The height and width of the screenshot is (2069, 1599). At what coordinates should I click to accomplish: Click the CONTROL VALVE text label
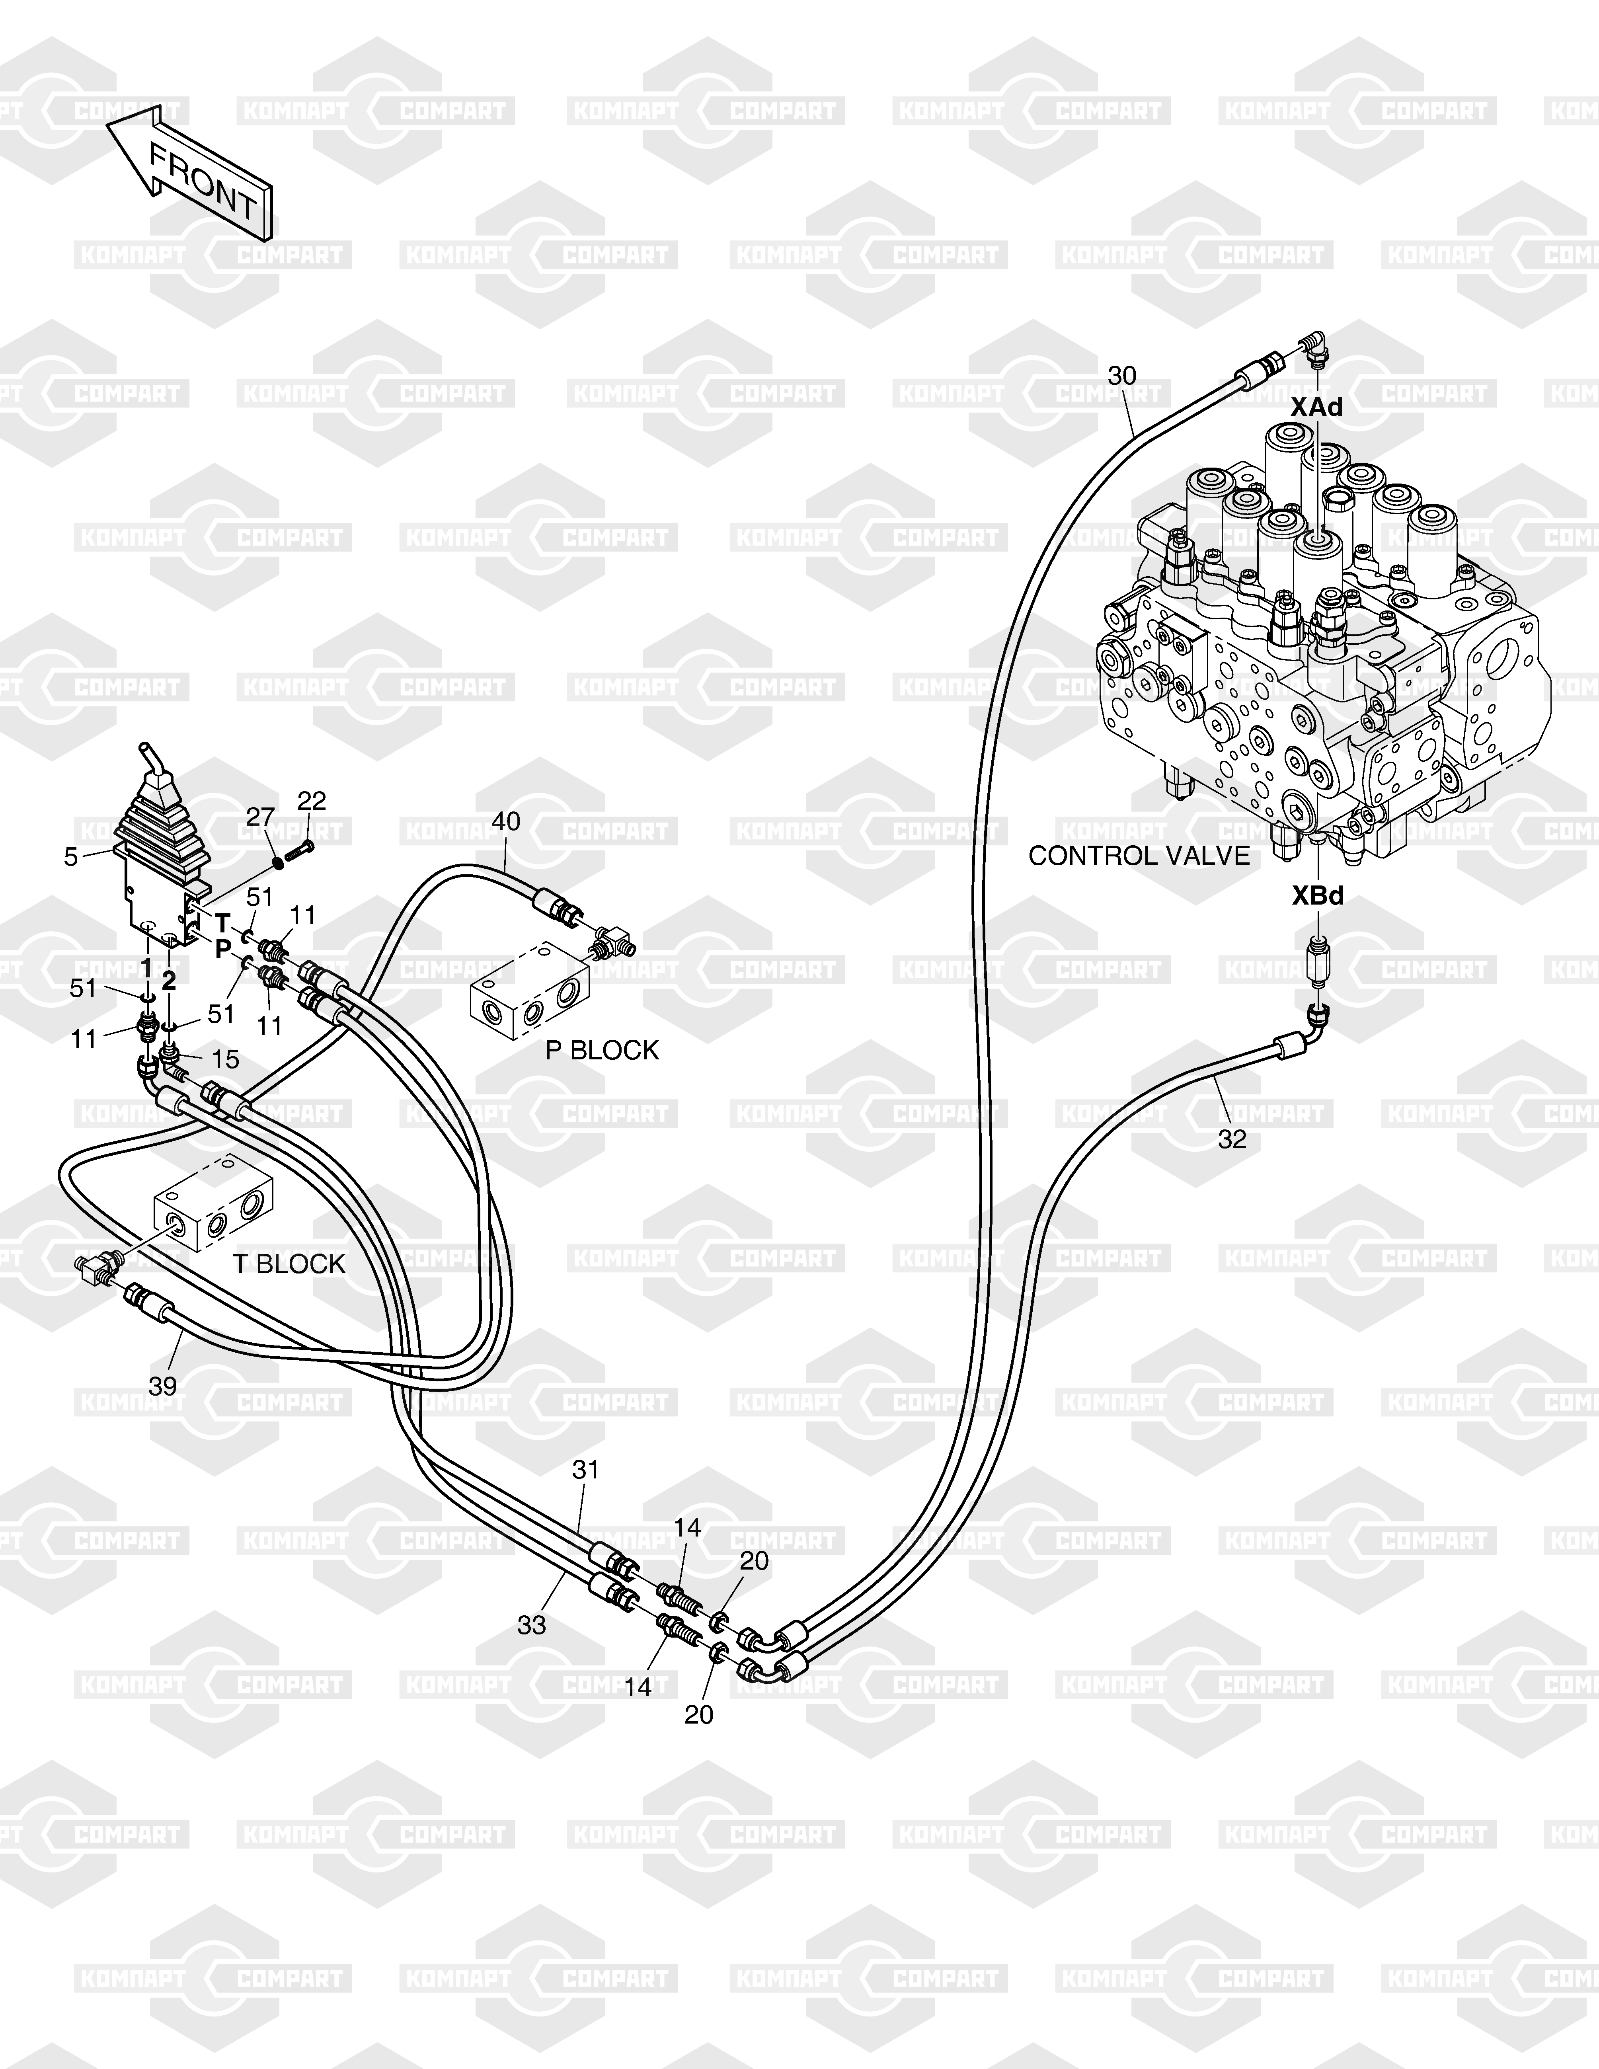(1139, 856)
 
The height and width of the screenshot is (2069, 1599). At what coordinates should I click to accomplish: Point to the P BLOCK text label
(602, 1051)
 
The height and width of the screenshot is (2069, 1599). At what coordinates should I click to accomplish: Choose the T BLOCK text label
(289, 1264)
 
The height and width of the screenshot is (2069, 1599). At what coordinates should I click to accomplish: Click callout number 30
(1121, 376)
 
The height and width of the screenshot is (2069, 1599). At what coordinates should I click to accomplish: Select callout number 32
(1231, 1140)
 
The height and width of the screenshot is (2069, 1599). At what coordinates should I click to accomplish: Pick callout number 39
(163, 1386)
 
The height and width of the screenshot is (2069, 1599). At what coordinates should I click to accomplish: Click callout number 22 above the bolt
(312, 801)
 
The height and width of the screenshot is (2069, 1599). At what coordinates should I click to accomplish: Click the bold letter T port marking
(222, 922)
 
